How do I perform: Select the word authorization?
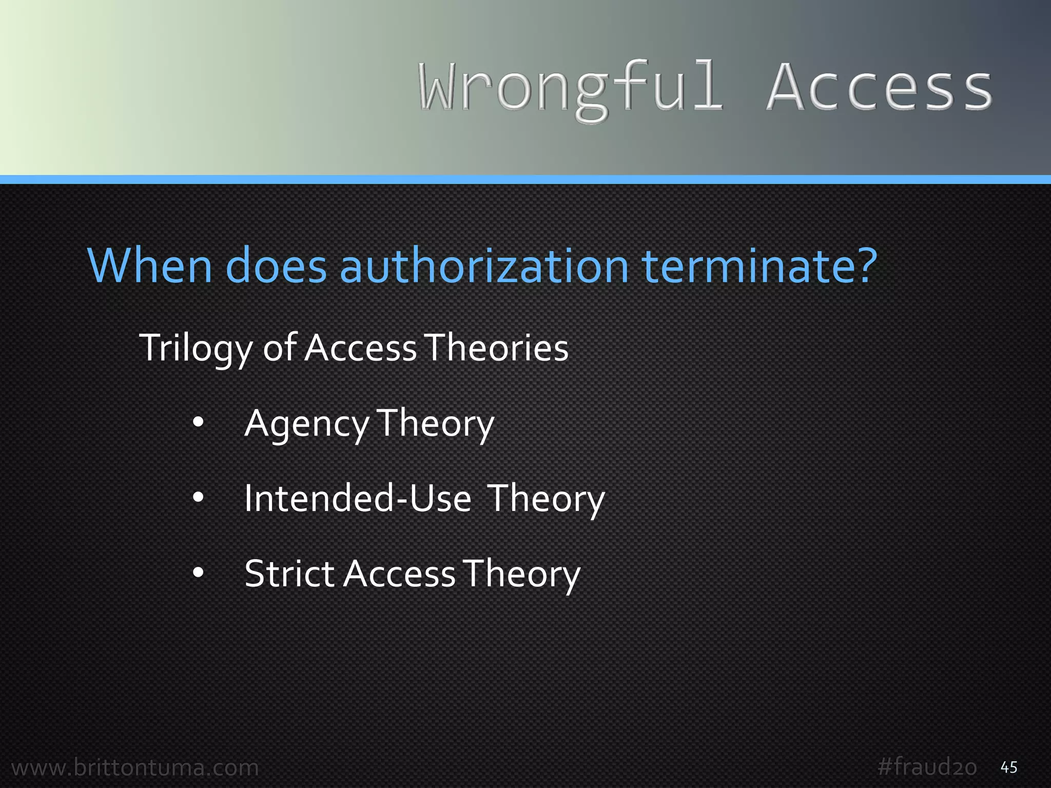point(484,267)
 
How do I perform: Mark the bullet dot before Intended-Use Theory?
point(198,497)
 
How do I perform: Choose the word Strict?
point(289,574)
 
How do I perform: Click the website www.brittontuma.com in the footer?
point(135,767)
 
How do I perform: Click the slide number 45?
point(1009,767)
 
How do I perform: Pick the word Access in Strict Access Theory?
point(400,574)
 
